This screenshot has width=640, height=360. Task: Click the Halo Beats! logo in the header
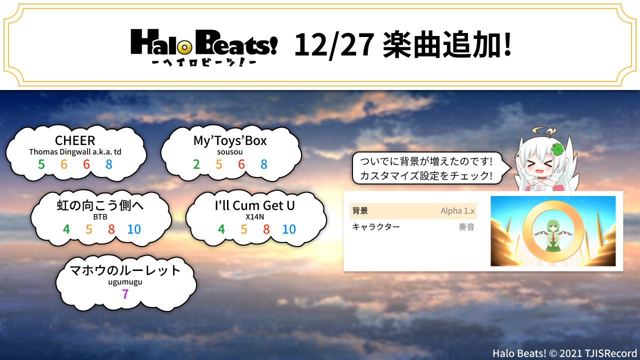(204, 47)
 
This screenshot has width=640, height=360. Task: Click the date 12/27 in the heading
(334, 45)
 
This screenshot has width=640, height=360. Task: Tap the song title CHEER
(75, 140)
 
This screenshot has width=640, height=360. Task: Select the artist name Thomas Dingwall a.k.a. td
(75, 151)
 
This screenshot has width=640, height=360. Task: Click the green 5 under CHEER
(41, 164)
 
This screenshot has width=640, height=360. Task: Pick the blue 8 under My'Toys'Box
(263, 164)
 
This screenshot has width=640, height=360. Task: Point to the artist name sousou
(229, 152)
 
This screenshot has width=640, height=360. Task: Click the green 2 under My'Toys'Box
(196, 164)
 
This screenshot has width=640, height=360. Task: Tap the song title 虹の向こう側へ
(100, 205)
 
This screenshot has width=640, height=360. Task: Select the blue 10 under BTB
(134, 229)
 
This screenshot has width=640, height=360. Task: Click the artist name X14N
(254, 217)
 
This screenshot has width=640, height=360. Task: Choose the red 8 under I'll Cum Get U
(266, 229)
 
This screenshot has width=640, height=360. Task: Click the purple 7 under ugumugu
(125, 294)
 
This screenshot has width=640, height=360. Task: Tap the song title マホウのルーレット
(125, 270)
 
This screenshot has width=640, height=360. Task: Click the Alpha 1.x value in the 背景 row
(457, 211)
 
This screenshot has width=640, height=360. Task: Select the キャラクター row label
(376, 227)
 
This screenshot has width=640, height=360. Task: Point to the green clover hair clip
(557, 149)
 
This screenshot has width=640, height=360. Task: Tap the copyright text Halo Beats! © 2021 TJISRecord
(565, 353)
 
